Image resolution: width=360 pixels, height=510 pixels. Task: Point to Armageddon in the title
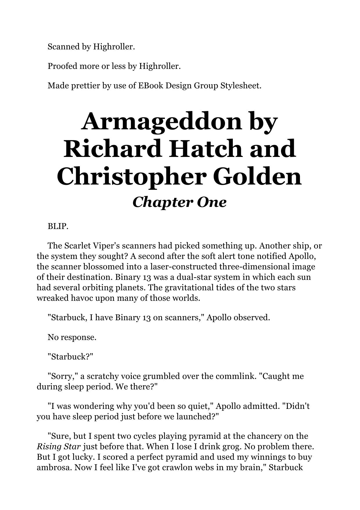(x=161, y=121)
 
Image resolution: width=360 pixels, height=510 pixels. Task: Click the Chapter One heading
(x=179, y=202)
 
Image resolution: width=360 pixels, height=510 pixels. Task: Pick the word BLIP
(x=58, y=226)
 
